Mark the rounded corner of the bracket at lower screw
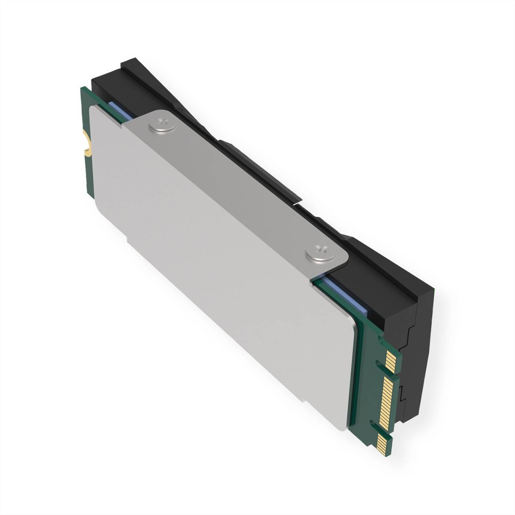click(x=341, y=264)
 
